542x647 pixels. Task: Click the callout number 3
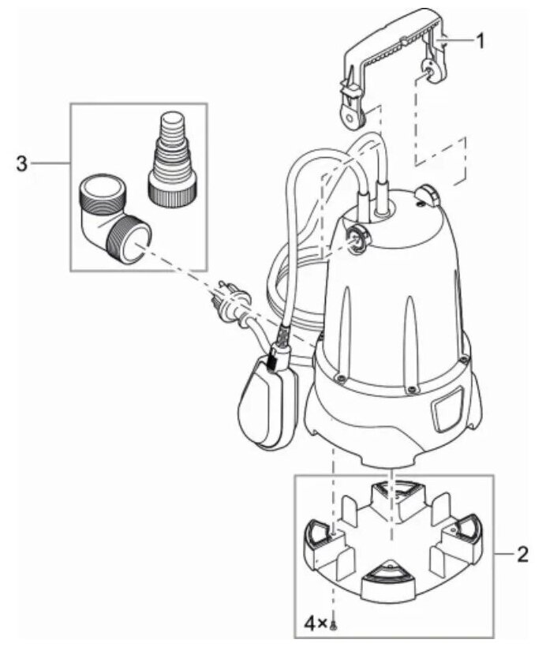tap(22, 164)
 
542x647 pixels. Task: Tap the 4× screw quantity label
tap(320, 623)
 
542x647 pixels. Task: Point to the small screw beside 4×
tap(338, 625)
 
